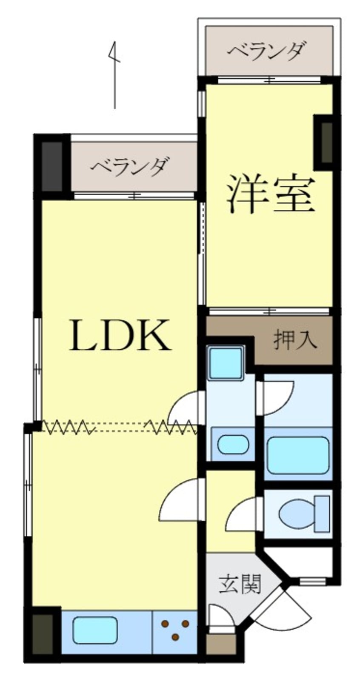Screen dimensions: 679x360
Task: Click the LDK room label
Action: pos(120,335)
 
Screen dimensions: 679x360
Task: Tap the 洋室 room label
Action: pos(271,194)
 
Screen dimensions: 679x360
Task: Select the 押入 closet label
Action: pos(295,340)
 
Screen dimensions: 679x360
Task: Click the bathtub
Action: pos(298,455)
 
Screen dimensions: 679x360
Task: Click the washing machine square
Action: pos(226,363)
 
